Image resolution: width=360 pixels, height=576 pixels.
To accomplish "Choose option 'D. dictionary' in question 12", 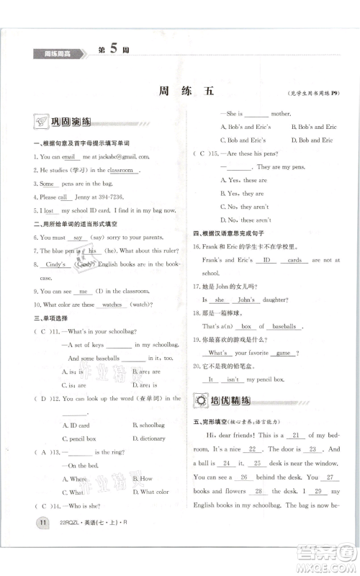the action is [148, 438].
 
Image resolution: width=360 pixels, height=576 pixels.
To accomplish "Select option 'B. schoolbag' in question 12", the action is [148, 425].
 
